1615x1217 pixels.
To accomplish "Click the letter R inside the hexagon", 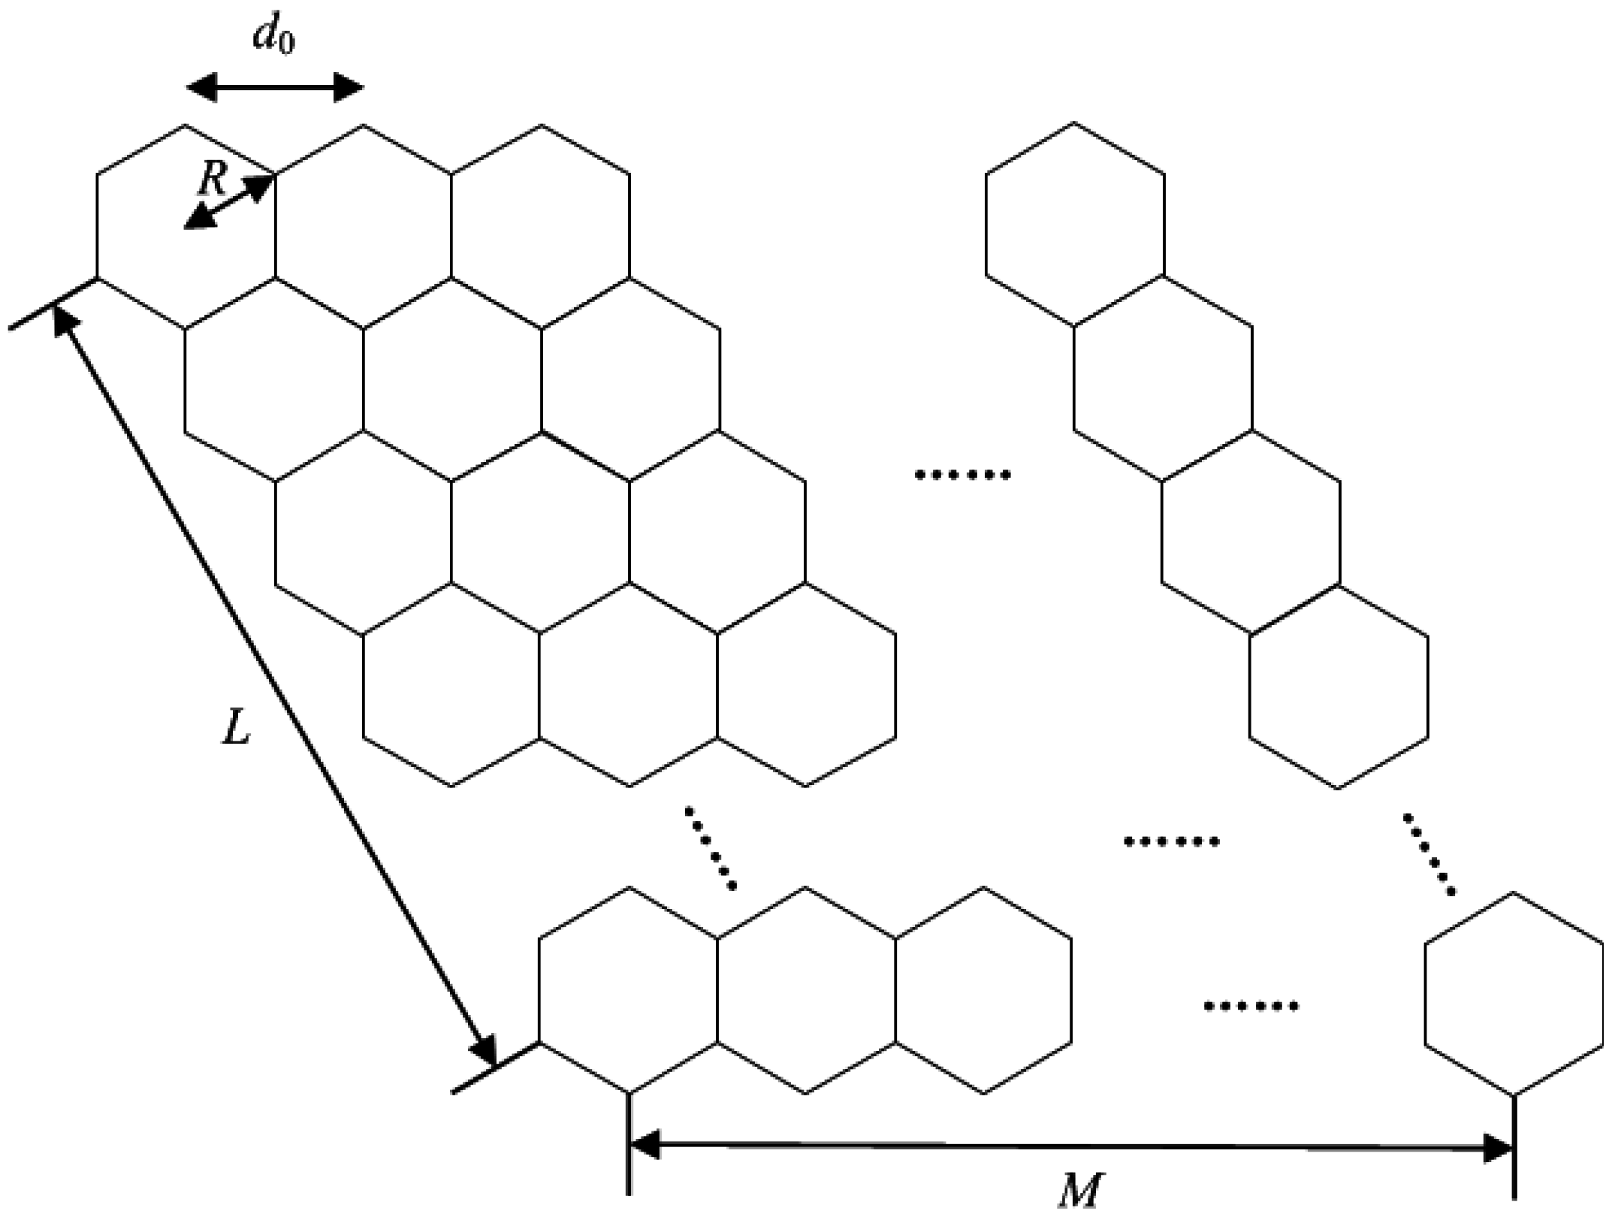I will (x=213, y=179).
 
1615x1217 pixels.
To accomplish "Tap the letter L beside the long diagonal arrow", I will (x=236, y=726).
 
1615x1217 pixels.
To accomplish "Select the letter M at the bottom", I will (x=1080, y=1191).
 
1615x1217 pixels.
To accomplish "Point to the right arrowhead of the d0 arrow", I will (x=349, y=88).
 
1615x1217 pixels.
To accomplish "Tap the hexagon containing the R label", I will (x=186, y=226).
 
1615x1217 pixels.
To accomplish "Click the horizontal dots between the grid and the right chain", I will (x=962, y=475).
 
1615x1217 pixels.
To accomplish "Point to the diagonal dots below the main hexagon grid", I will (x=710, y=849).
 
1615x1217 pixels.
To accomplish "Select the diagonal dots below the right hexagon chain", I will (x=1429, y=854).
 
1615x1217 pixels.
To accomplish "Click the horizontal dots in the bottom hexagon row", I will (x=1251, y=1006).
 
